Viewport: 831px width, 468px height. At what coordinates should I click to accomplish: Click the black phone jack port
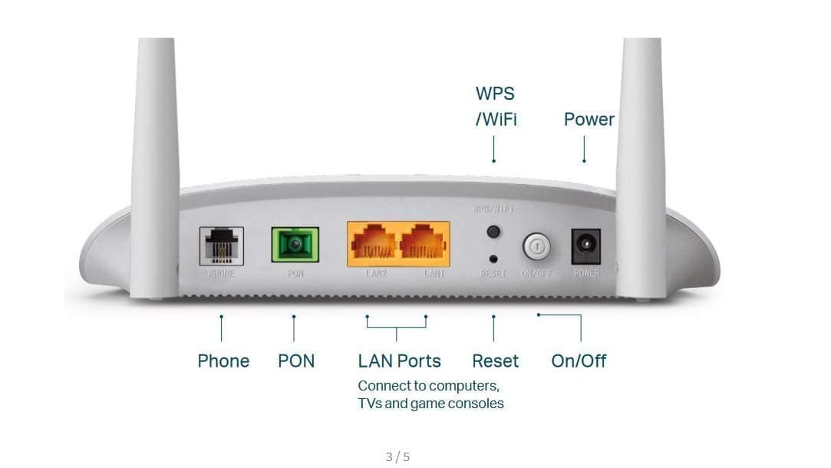click(221, 246)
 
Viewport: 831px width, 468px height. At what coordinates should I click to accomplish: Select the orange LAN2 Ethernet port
click(374, 244)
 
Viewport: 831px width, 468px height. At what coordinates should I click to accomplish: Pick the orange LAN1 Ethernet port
click(423, 244)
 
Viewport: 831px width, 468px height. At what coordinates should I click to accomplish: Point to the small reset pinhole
click(493, 259)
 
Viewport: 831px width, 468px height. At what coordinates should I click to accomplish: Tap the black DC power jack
click(586, 246)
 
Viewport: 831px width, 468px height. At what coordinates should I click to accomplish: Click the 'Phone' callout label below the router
click(223, 361)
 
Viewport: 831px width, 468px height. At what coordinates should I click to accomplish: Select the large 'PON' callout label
click(296, 361)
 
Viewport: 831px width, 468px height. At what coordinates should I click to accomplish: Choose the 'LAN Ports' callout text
click(399, 361)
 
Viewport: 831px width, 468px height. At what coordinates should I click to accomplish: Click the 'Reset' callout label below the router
click(495, 361)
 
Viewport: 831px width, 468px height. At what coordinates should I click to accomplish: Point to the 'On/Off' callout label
click(579, 361)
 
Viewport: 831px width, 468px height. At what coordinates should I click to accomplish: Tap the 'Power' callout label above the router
click(589, 119)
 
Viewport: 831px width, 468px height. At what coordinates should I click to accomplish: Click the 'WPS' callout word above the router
click(495, 94)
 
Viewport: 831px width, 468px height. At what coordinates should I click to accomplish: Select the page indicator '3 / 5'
click(397, 457)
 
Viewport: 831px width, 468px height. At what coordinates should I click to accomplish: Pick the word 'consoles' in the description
click(479, 403)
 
